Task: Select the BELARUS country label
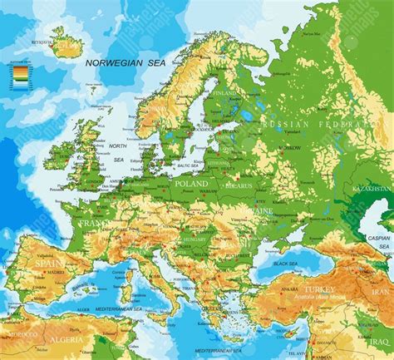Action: click(x=239, y=188)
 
